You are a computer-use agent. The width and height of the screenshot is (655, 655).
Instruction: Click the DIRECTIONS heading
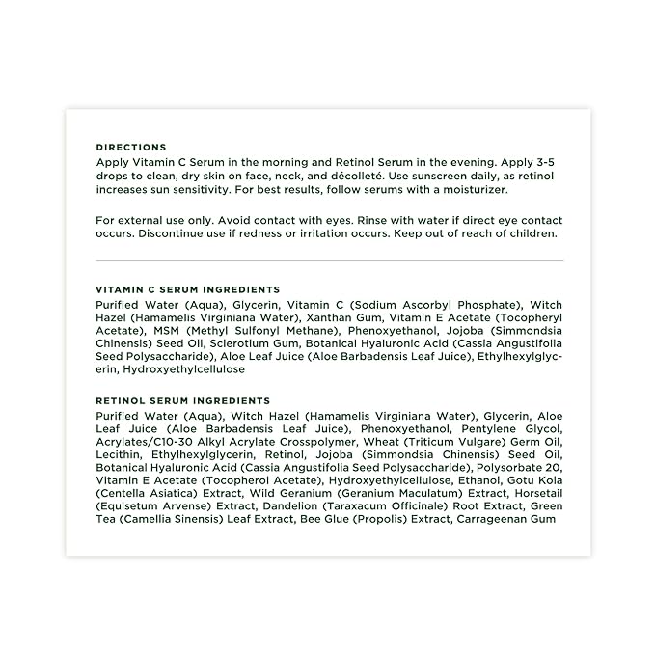tap(131, 148)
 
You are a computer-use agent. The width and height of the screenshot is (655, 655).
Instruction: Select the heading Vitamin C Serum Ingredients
tap(188, 289)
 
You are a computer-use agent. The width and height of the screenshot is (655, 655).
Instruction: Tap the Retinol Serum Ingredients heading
tap(183, 400)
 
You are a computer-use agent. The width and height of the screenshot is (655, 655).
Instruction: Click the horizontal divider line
tap(330, 260)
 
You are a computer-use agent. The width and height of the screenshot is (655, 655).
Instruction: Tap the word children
tap(529, 234)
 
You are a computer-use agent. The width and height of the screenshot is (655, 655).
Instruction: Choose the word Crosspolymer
tap(311, 441)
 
